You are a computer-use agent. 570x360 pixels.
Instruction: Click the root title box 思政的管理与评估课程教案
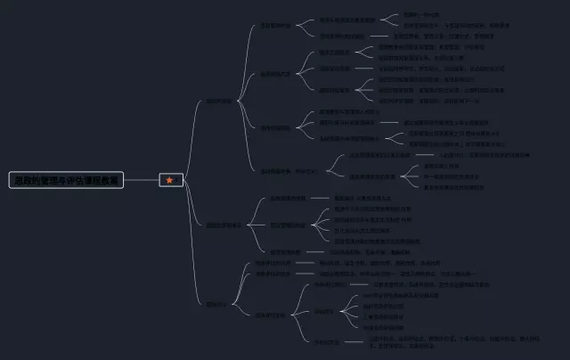tap(66, 180)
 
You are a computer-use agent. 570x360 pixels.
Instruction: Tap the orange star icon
tap(170, 180)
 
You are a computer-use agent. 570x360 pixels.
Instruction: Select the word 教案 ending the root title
tap(109, 180)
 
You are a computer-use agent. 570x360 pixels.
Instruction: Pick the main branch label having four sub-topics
tap(218, 101)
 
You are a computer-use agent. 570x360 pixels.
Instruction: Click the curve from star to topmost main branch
tap(191, 134)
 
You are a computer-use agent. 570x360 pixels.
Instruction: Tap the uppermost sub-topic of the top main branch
tap(275, 26)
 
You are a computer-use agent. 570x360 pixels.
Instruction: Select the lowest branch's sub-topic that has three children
tap(273, 314)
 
